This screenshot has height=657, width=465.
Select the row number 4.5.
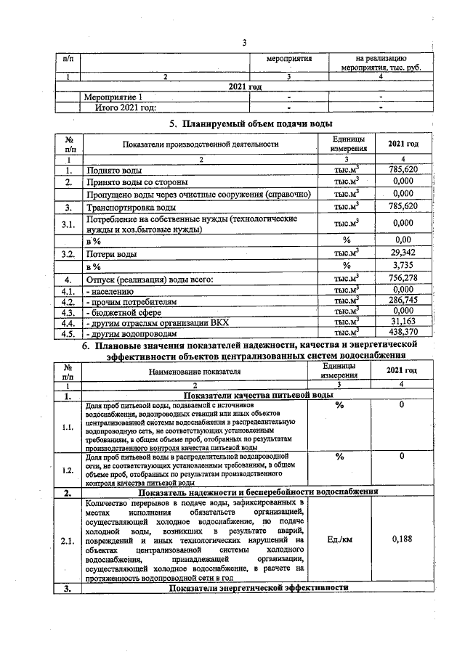pos(68,333)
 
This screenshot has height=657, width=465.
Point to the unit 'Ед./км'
pos(340,539)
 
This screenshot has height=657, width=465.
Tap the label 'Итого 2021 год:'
pos(126,107)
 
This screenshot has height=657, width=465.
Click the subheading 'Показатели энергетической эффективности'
pos(256,587)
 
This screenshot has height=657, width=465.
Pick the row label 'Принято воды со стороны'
pos(137,181)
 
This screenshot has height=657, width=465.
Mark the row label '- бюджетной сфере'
pos(121,311)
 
